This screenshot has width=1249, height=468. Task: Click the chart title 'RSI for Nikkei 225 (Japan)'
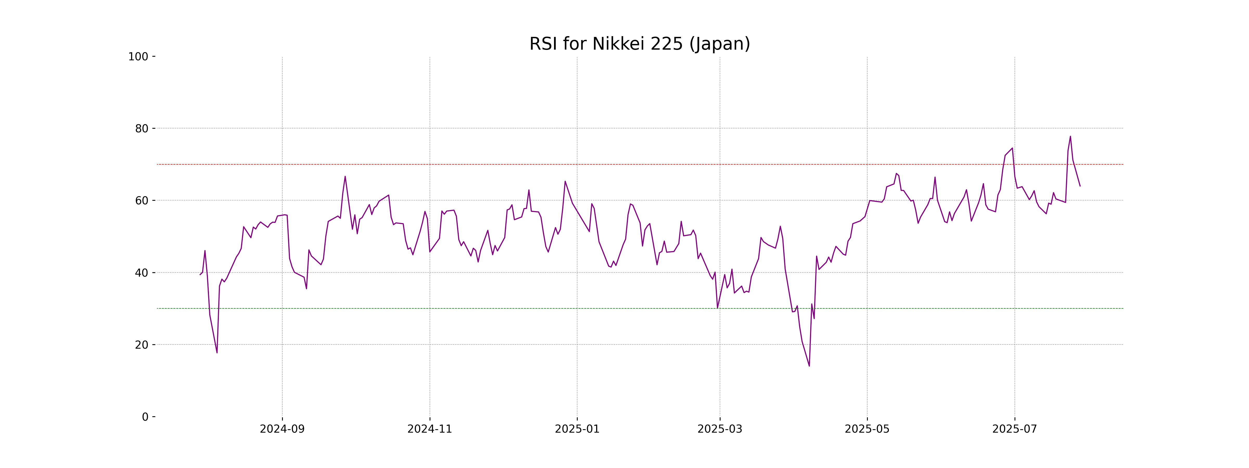coord(640,44)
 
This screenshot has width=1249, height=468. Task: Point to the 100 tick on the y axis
coord(138,57)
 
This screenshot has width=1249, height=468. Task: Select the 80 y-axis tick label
coord(142,129)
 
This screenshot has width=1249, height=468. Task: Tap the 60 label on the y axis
coord(142,200)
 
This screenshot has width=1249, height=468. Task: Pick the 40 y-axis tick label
coord(142,273)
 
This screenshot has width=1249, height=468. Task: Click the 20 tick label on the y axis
coord(142,345)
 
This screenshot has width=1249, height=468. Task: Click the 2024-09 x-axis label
coord(282,429)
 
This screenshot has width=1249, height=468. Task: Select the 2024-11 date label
coord(430,429)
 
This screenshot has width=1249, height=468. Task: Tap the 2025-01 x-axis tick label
coord(577,429)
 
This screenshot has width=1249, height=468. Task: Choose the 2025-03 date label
coord(719,429)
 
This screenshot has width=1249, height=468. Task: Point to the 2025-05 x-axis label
coord(867,429)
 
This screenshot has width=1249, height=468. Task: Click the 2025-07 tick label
coord(1014,429)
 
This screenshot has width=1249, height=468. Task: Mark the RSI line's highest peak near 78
coord(1070,136)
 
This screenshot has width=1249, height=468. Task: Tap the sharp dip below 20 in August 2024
coord(217,353)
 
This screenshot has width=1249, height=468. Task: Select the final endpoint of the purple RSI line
coord(1080,186)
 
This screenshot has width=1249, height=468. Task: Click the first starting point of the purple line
coord(200,275)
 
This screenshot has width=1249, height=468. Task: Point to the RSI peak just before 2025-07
coord(1012,148)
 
